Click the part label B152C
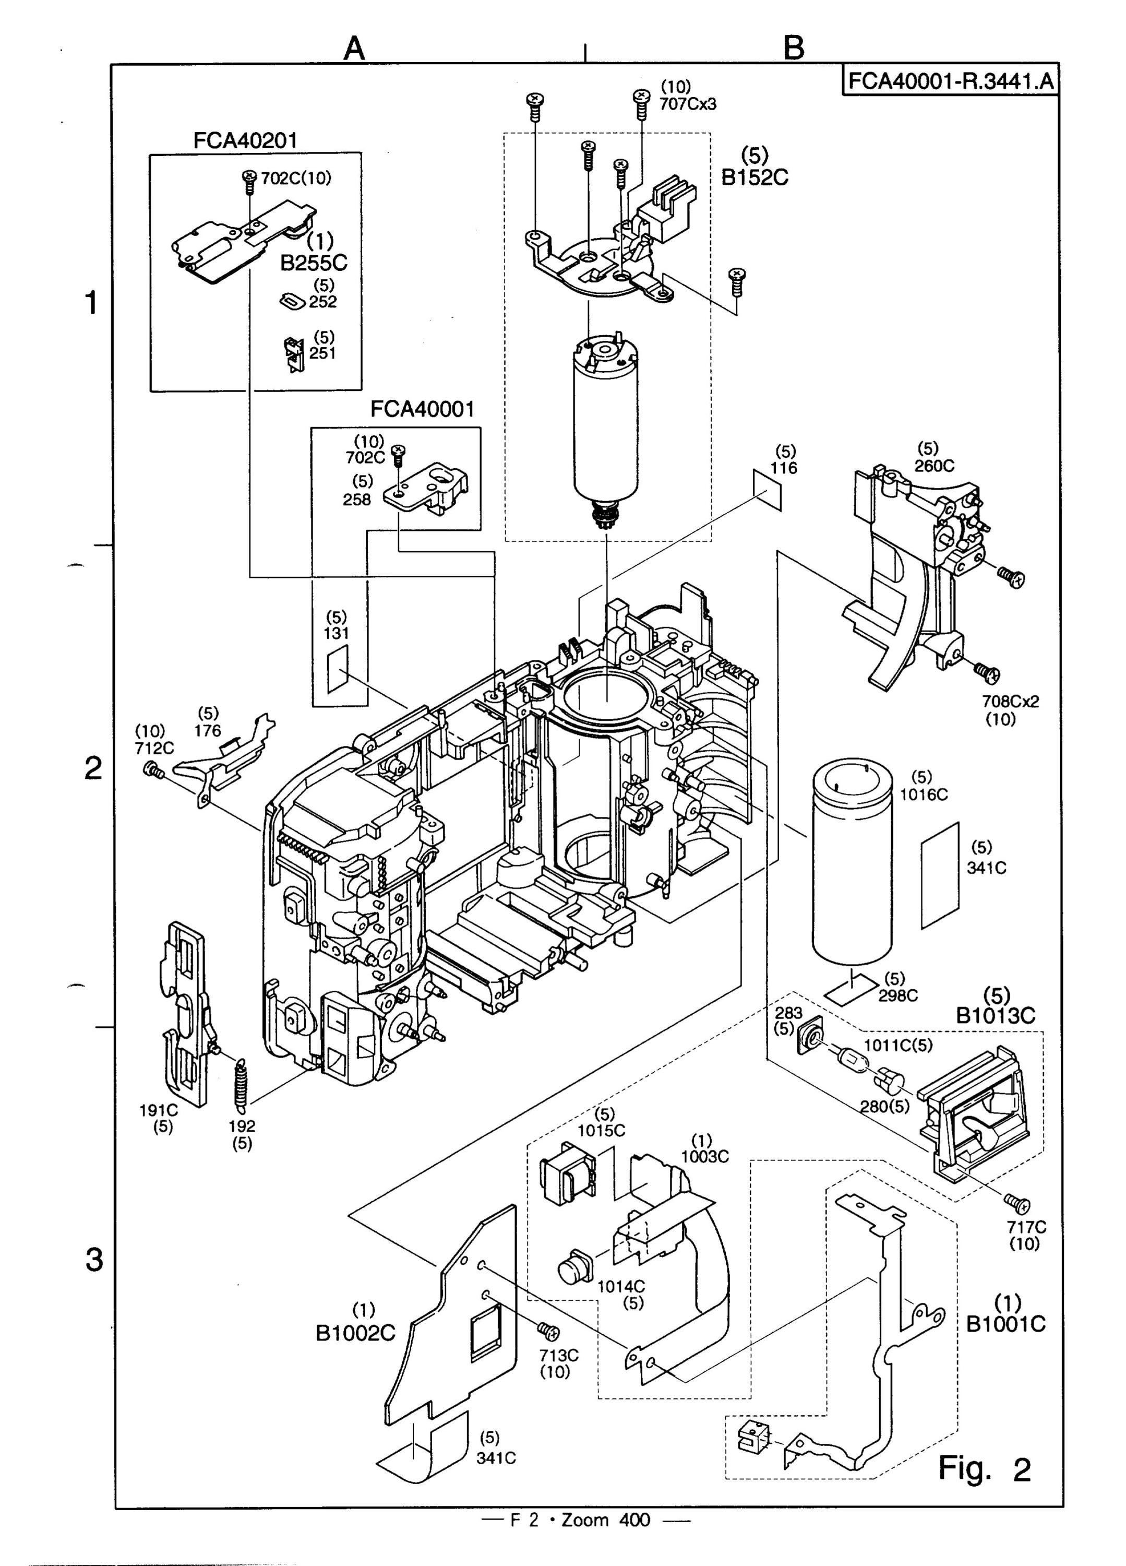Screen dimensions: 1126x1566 (754, 177)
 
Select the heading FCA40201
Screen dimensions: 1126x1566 (245, 140)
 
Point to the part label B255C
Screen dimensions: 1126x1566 (314, 263)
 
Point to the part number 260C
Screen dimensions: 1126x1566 (934, 466)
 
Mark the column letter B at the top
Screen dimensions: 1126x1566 (795, 49)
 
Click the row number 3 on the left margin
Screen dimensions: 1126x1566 (93, 1260)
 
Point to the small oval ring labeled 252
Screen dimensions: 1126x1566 (293, 301)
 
